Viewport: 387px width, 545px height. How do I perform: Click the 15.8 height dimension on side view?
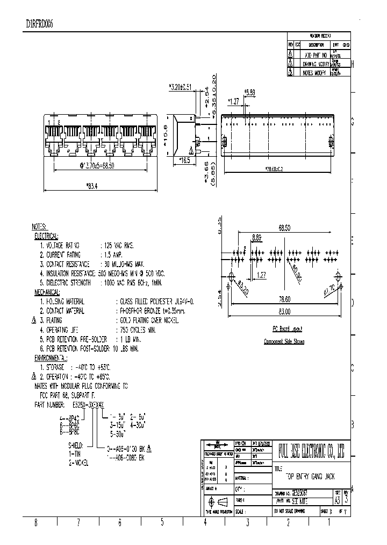coord(167,129)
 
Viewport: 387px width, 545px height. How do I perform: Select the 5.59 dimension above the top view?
coord(250,93)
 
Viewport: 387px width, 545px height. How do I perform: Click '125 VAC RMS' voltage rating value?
coord(118,245)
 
